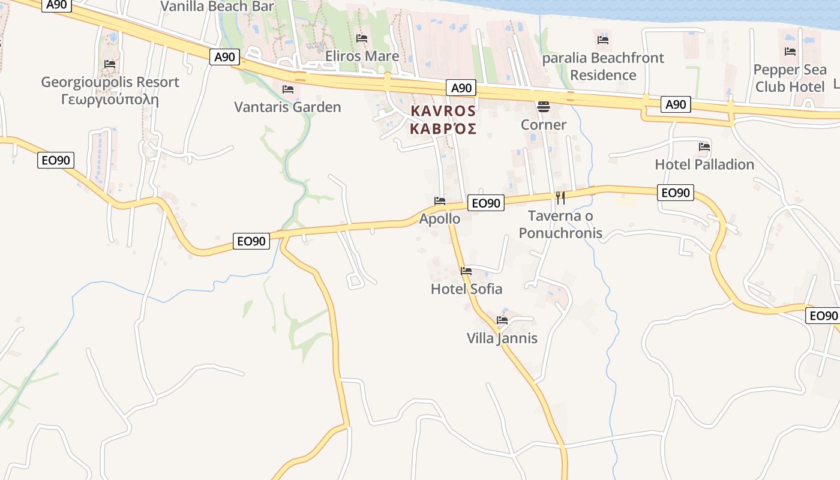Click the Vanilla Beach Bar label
(x=218, y=7)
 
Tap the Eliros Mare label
(x=362, y=56)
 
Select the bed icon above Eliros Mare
(x=362, y=38)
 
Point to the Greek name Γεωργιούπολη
(x=110, y=99)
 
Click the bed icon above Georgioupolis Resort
(x=109, y=64)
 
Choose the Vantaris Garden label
(x=287, y=107)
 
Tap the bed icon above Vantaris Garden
(x=288, y=89)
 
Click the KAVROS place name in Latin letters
(x=443, y=111)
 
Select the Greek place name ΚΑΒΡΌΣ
(x=443, y=128)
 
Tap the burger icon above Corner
(x=544, y=107)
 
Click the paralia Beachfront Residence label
(x=603, y=67)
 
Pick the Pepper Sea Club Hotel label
(x=790, y=78)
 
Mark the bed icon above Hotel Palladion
(x=704, y=146)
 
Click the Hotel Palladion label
(x=704, y=164)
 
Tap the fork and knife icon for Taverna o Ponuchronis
(x=560, y=197)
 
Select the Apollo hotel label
(x=440, y=218)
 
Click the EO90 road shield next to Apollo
(x=486, y=203)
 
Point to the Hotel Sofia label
(x=466, y=289)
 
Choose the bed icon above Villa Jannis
(x=502, y=320)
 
